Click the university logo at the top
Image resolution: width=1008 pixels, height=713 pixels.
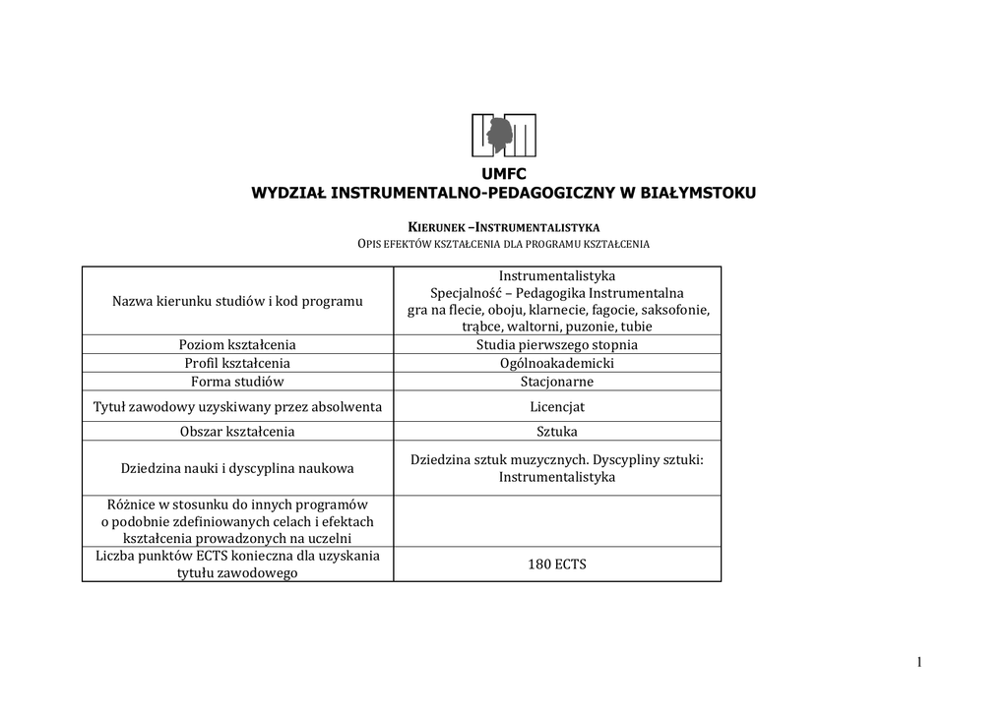504,135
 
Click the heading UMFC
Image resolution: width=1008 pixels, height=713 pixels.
504,174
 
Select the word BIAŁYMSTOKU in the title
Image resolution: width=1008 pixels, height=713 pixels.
698,193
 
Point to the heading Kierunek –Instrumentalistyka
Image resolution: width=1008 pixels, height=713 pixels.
504,227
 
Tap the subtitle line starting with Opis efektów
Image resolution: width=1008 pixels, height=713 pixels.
504,243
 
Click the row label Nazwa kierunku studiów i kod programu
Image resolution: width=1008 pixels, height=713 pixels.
237,301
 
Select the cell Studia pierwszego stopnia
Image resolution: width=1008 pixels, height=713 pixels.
557,345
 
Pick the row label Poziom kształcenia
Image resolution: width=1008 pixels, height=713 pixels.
237,345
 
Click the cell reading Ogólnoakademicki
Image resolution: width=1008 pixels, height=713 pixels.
557,363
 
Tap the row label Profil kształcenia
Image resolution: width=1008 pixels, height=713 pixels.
237,363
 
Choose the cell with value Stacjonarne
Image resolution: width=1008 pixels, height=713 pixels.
557,382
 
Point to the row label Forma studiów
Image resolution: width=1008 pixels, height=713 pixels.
237,382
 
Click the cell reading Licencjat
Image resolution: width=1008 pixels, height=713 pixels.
557,406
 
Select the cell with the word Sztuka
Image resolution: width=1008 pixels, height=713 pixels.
557,431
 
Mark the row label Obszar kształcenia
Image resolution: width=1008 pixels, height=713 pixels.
237,431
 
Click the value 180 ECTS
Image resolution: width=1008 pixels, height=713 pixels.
557,564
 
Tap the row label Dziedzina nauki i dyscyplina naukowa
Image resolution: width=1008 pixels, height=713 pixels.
237,468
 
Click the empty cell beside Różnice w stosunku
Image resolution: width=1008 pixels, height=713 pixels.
557,521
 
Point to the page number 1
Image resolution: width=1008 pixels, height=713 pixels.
919,663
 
